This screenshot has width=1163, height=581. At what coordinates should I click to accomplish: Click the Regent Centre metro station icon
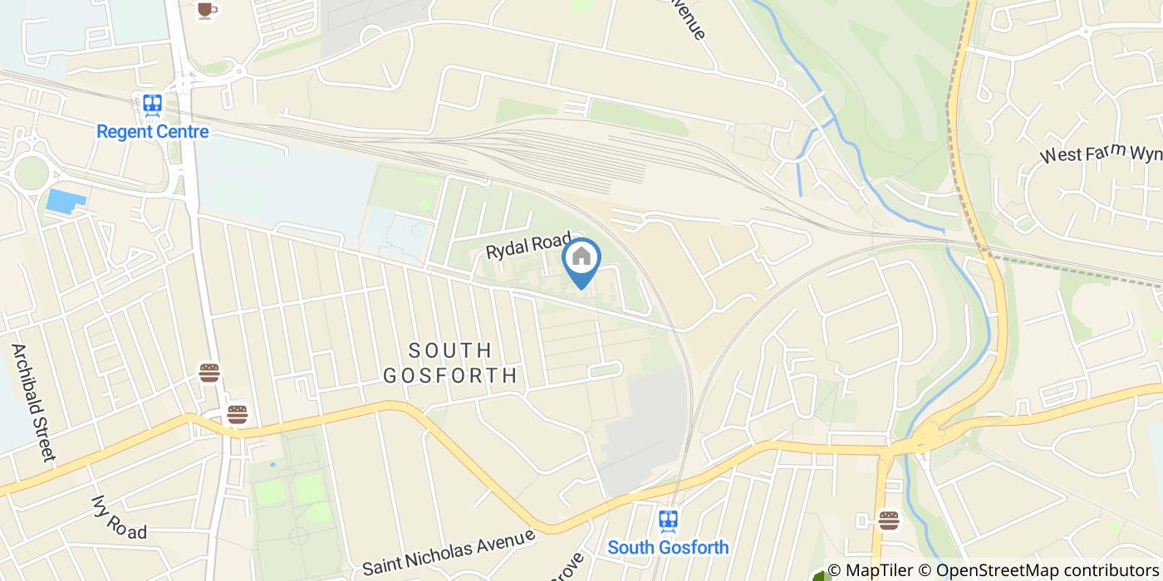click(152, 105)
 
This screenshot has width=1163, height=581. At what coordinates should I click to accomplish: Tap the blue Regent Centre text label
click(153, 131)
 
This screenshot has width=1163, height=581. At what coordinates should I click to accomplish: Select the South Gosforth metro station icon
click(668, 520)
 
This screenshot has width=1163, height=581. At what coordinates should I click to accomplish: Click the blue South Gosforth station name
click(668, 547)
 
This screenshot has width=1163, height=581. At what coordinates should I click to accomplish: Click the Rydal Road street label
click(529, 246)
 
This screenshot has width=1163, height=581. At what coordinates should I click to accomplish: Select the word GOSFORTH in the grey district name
click(451, 376)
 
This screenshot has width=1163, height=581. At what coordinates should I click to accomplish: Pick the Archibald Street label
click(33, 402)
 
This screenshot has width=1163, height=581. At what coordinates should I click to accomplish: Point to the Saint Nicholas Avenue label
click(449, 552)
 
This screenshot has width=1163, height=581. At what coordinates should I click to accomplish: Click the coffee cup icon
click(206, 9)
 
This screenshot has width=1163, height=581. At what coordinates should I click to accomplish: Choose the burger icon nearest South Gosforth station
click(889, 520)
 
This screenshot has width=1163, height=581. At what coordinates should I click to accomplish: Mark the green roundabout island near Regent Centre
click(31, 173)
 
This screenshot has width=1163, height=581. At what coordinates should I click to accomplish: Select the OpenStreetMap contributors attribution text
click(1047, 570)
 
